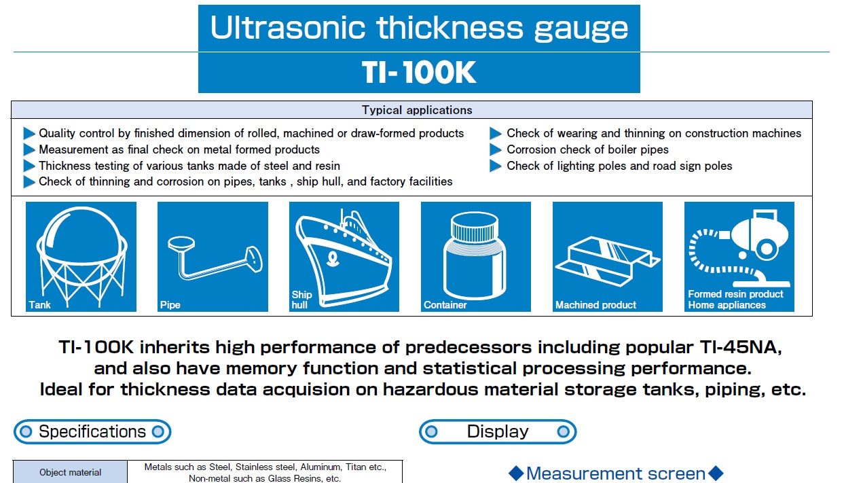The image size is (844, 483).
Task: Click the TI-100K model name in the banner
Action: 419,73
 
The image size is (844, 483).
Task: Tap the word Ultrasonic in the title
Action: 287,28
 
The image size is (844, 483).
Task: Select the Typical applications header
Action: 417,110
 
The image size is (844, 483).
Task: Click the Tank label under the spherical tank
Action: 39,304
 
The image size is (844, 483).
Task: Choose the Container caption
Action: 445,304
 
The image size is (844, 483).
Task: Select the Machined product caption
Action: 595,304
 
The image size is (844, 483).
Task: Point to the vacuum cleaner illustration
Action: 739,249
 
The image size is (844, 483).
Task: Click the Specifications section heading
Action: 92,432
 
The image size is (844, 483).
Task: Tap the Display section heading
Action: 498,432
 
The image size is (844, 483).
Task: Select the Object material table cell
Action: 70,472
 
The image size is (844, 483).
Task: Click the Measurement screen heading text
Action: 616,473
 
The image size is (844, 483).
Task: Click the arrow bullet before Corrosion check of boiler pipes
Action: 496,149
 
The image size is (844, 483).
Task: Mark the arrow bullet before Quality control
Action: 29,133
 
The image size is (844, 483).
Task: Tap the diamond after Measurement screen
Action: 716,473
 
